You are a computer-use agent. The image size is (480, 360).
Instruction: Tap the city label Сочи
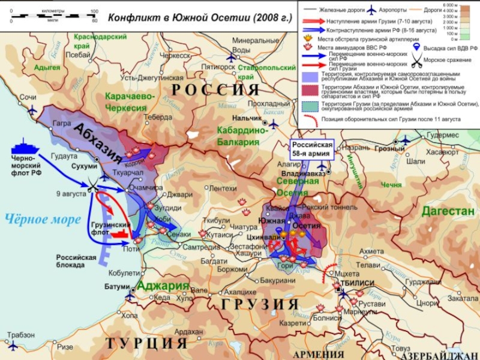click(x=28, y=97)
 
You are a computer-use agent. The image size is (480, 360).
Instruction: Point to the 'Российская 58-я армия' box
click(x=312, y=149)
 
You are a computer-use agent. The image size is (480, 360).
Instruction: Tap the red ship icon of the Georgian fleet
click(x=121, y=233)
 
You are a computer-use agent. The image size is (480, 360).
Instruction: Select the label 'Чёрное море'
click(x=43, y=219)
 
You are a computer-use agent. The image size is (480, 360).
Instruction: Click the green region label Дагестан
click(x=447, y=211)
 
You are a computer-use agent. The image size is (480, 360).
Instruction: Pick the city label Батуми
click(x=116, y=286)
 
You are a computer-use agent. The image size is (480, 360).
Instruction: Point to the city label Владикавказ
click(x=302, y=173)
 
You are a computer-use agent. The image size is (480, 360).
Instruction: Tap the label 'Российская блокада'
click(x=76, y=261)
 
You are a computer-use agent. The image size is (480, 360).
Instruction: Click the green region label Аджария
click(x=163, y=286)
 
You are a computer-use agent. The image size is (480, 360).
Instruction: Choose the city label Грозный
click(x=389, y=149)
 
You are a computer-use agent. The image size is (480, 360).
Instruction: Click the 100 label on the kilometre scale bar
click(x=94, y=11)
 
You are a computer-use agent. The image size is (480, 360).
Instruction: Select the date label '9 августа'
click(x=70, y=193)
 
